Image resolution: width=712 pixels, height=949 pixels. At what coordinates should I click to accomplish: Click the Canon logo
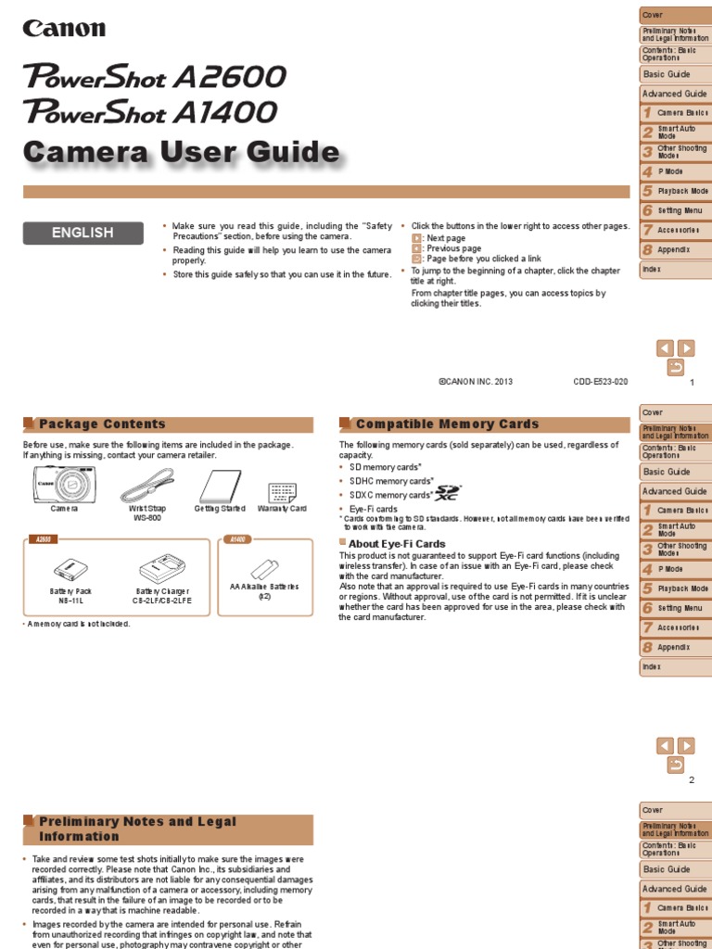(x=64, y=29)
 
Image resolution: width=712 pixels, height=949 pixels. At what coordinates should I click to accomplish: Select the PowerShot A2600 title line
(x=155, y=77)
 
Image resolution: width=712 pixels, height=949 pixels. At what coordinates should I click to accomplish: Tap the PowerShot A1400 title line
(x=151, y=112)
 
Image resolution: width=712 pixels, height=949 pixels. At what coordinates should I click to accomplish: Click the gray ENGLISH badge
(x=83, y=234)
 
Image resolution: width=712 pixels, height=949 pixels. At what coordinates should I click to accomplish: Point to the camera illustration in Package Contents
(x=64, y=484)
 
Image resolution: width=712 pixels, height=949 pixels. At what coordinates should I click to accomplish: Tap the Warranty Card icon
(x=282, y=492)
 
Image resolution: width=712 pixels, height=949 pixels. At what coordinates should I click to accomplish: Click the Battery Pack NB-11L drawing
(x=70, y=567)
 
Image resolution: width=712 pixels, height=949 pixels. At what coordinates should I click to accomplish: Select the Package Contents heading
(x=102, y=424)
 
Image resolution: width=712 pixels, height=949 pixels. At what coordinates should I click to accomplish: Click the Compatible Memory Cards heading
(x=447, y=424)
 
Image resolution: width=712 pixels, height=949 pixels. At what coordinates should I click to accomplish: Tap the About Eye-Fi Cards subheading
(x=397, y=544)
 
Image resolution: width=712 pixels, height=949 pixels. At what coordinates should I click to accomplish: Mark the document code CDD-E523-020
(x=601, y=382)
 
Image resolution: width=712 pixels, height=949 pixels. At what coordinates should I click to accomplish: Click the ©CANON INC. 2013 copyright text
(x=475, y=382)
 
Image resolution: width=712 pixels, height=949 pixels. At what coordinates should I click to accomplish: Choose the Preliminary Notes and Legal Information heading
(x=137, y=829)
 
